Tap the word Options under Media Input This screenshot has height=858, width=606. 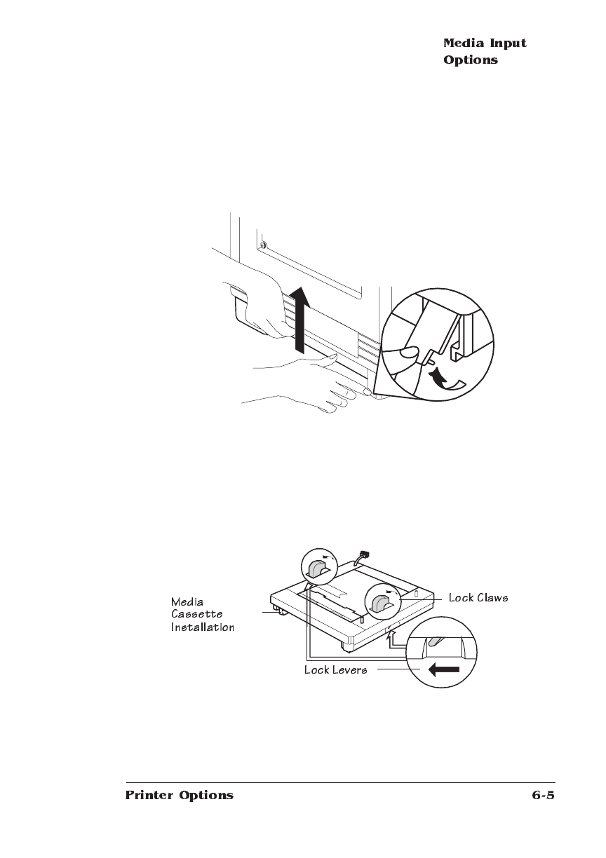tap(470, 60)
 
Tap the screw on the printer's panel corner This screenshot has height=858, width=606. tap(262, 246)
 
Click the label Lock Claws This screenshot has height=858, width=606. tap(478, 598)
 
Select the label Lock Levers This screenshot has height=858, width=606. tap(335, 670)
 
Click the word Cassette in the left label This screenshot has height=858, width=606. tap(197, 614)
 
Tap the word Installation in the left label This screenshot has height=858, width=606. tap(202, 627)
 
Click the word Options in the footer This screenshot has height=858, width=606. tap(206, 796)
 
